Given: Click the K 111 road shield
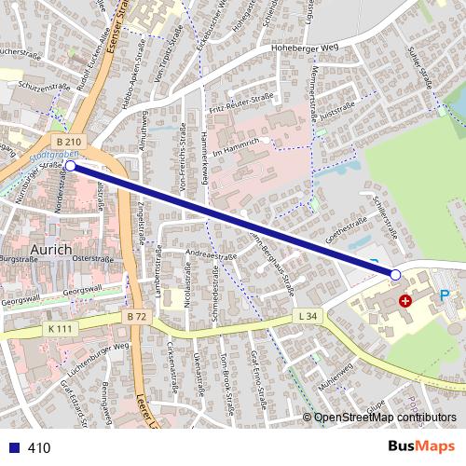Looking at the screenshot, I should pyautogui.click(x=60, y=330).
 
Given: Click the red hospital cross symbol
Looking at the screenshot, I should pyautogui.click(x=405, y=301).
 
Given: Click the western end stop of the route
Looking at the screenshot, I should pyautogui.click(x=71, y=166).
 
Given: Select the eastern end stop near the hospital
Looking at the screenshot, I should pyautogui.click(x=395, y=275).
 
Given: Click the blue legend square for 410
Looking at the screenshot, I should pyautogui.click(x=10, y=448).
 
